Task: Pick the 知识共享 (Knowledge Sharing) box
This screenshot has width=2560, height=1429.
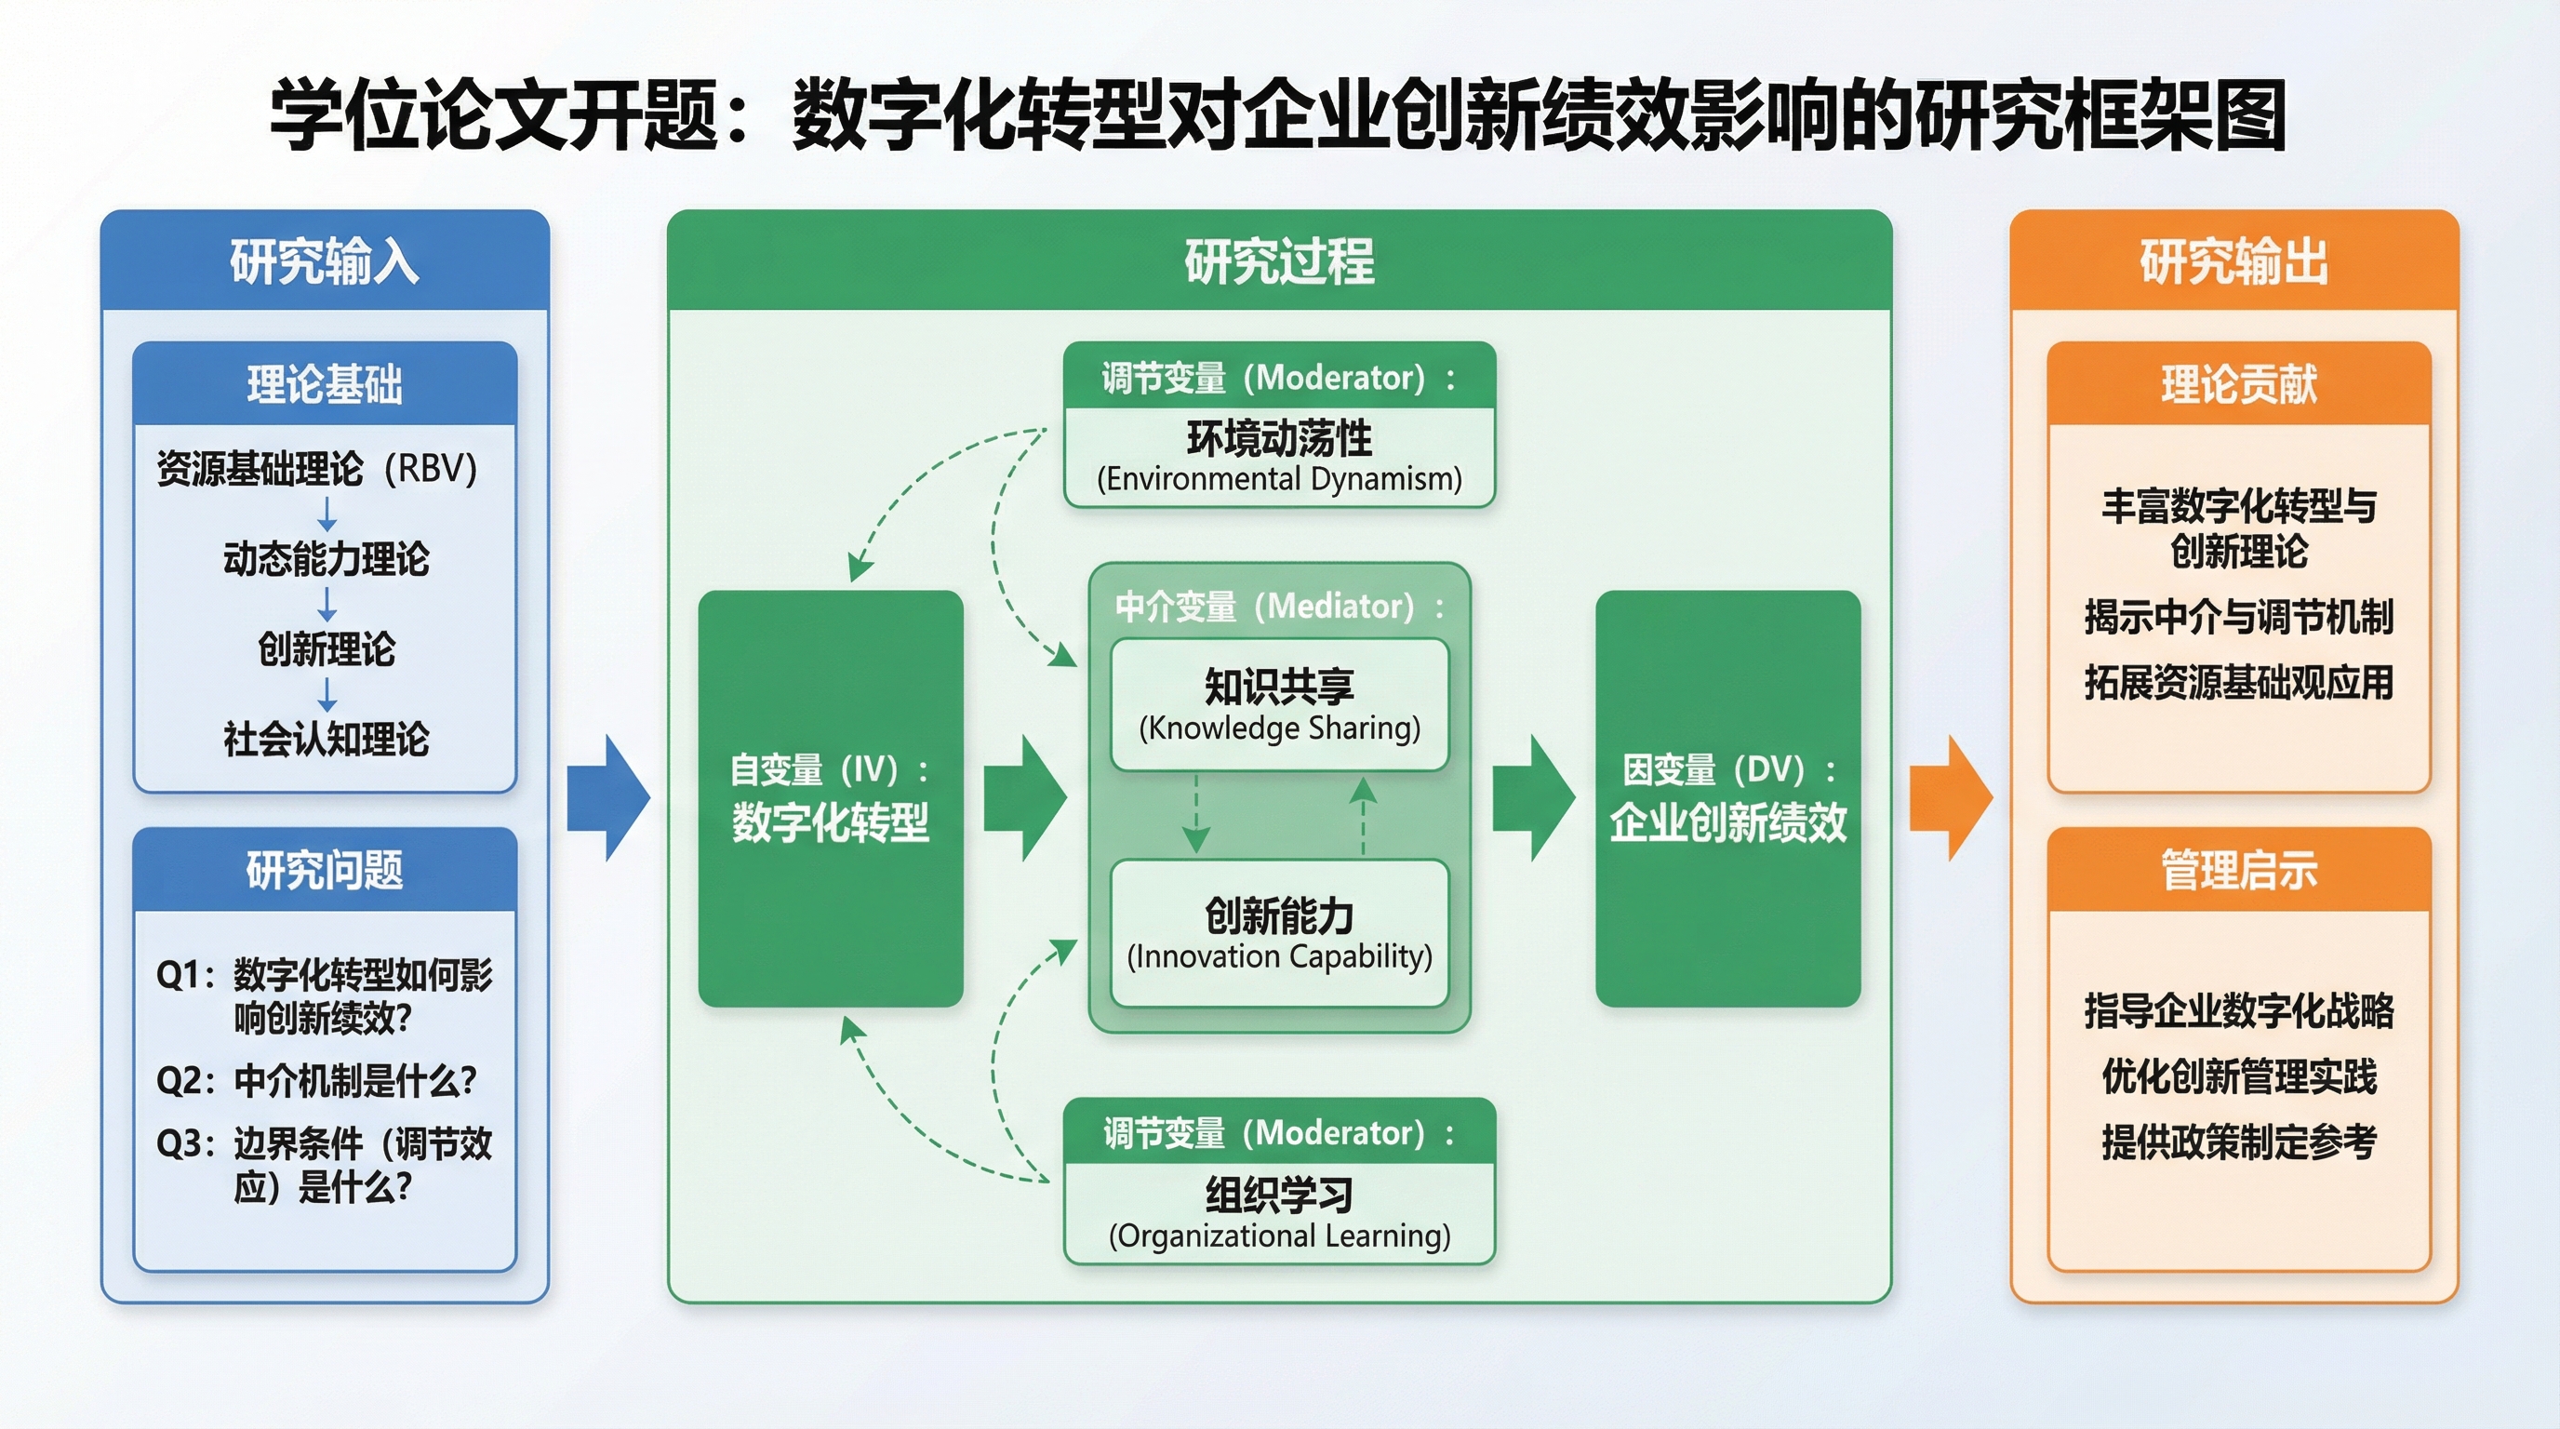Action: coord(1279,704)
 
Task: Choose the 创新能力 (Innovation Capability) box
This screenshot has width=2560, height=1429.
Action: coord(1279,933)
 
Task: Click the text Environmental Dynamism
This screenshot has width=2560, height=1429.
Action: coord(1279,479)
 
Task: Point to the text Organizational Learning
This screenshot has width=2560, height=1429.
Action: coord(1279,1235)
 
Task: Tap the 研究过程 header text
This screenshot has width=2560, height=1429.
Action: coord(1279,261)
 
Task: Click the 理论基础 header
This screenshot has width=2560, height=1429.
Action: coord(325,384)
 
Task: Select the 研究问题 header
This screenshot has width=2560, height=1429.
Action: coord(325,871)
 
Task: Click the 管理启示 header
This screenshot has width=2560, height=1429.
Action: coord(2238,871)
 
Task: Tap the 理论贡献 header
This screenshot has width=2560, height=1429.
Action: coord(2238,384)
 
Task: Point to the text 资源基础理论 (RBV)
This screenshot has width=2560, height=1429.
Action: coord(317,468)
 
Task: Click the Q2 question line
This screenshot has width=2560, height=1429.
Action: coord(317,1080)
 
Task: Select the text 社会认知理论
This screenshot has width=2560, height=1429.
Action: coord(326,740)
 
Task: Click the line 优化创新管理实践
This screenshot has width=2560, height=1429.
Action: coord(2238,1076)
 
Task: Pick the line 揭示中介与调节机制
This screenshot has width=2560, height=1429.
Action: coord(2238,617)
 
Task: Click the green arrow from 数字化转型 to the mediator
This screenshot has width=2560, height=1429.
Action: coord(1024,798)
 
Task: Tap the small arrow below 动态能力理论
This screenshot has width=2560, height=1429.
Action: coord(327,603)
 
